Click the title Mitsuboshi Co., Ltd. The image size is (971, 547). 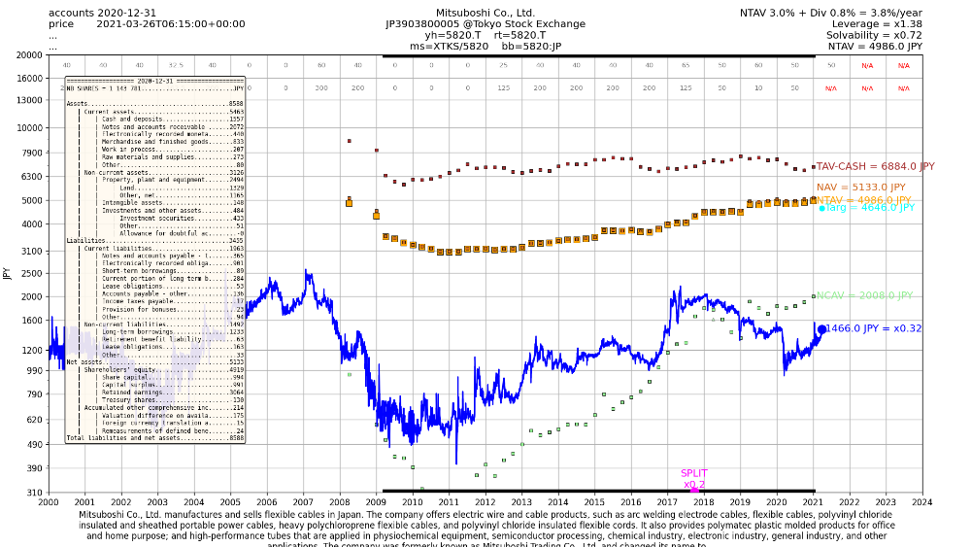(485, 12)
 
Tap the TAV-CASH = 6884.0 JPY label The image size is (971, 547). (875, 167)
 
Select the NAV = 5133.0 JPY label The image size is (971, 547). (860, 188)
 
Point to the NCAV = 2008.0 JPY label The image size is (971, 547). (864, 295)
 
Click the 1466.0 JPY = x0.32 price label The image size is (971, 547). (874, 329)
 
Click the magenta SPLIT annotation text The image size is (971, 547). (694, 473)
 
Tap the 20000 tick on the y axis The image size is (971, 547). (27, 55)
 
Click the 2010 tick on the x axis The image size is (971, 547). (412, 502)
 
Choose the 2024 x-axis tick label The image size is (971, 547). (921, 502)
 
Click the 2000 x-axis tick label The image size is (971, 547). (49, 502)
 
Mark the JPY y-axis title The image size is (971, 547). (7, 274)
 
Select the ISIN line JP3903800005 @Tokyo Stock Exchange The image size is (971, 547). (485, 23)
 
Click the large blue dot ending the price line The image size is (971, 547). (821, 329)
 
